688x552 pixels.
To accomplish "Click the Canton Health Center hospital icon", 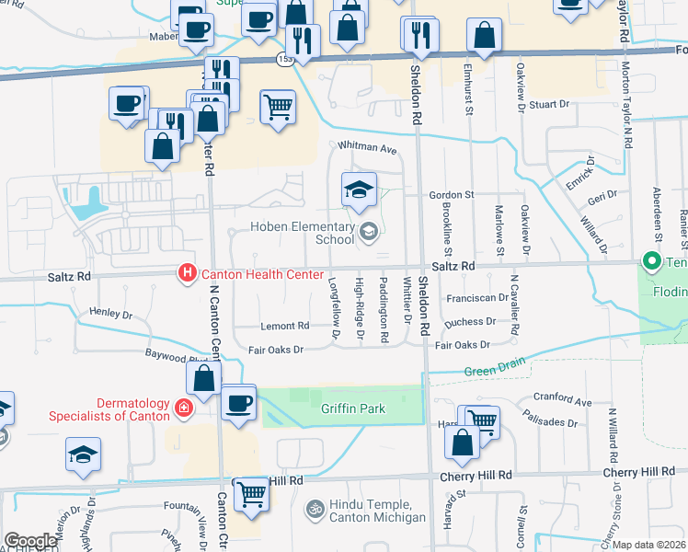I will [187, 273].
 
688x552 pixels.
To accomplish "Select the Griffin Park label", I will [352, 408].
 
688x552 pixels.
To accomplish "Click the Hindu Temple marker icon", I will [315, 507].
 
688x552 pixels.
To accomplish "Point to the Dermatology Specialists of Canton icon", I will [185, 409].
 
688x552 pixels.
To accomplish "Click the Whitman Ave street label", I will [366, 148].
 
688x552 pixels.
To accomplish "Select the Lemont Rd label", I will [284, 327].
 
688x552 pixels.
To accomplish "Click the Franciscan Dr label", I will [476, 298].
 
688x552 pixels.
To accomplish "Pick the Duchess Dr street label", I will [469, 323].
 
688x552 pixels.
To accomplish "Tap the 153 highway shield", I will [284, 59].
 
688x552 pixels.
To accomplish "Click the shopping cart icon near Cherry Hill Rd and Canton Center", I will [251, 494].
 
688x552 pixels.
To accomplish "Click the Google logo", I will [30, 541].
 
